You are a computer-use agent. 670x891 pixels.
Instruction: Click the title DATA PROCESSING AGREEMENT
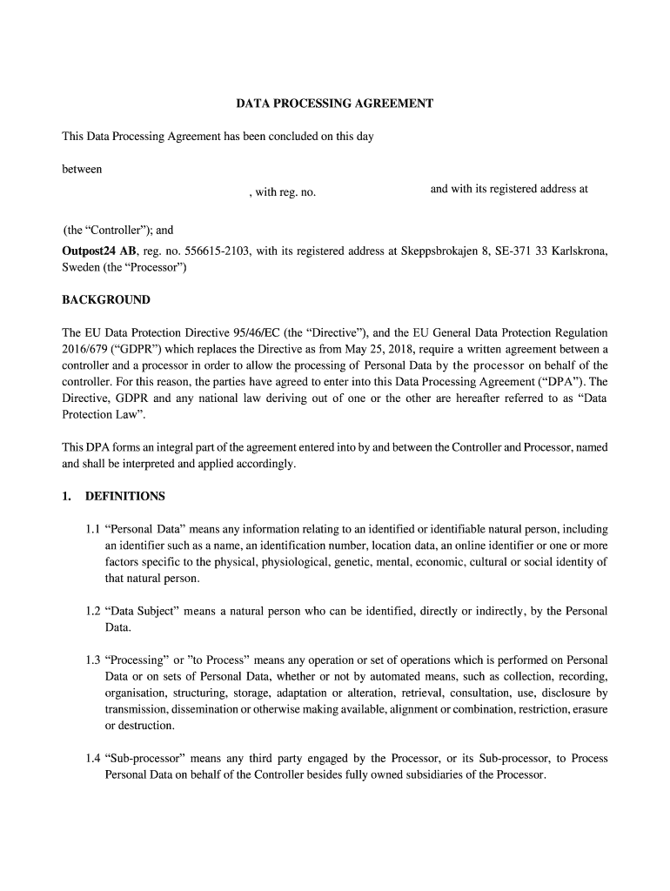(335, 104)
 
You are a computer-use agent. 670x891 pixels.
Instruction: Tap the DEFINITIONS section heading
(124, 497)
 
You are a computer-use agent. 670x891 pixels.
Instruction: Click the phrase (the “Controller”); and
(118, 231)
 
